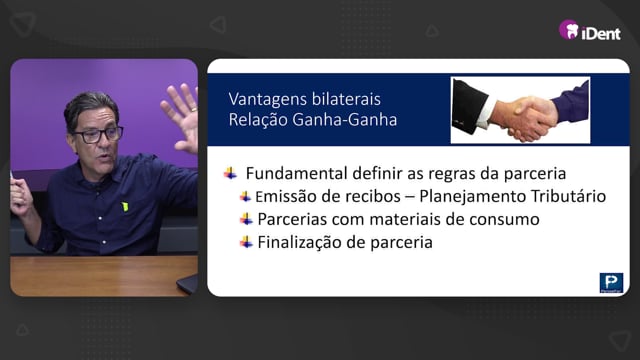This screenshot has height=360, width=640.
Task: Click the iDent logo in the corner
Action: (x=590, y=31)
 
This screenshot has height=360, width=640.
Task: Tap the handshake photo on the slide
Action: (x=520, y=110)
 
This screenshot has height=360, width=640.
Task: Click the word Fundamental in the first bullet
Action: (x=296, y=173)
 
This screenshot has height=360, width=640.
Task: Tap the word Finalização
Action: (x=299, y=242)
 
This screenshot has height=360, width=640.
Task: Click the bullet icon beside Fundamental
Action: (x=230, y=173)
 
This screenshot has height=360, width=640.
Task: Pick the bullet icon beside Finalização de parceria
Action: (x=246, y=242)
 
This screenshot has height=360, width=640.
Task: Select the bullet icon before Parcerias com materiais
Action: (x=246, y=219)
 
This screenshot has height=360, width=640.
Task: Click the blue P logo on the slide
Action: (x=611, y=283)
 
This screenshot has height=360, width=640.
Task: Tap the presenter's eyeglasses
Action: (x=98, y=135)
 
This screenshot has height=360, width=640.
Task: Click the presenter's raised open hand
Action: (x=181, y=116)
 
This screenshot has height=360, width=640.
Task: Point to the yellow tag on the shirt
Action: (x=125, y=207)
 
